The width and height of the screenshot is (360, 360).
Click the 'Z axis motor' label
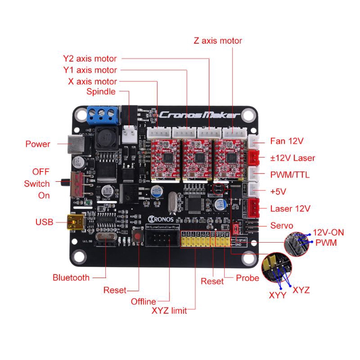tap(218, 40)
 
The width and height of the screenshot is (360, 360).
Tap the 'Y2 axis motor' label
tap(90, 58)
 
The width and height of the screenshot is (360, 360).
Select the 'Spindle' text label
tap(101, 92)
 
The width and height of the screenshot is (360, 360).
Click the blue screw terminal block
tap(103, 115)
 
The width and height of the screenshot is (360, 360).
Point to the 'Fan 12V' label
tap(287, 141)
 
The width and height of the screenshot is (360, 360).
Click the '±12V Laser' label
tap(292, 158)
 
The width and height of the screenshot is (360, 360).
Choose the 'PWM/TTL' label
tap(290, 175)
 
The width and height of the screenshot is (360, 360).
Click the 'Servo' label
tap(282, 225)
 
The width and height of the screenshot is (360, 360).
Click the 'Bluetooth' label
tap(71, 278)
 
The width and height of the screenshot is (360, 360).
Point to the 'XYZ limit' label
tap(169, 310)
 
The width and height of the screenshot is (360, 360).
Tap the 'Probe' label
tap(247, 278)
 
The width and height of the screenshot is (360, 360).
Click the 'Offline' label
tap(143, 301)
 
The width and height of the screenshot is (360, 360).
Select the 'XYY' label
tap(278, 296)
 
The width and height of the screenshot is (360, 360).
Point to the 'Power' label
tap(38, 144)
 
